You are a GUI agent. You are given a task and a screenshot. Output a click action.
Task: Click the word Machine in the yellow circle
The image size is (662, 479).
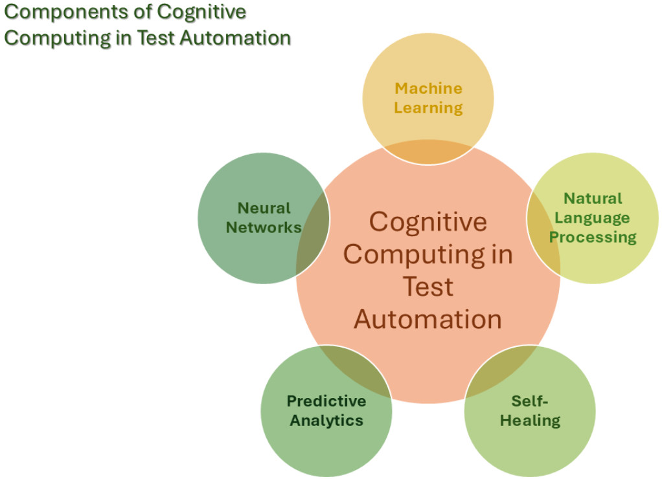[x=428, y=88]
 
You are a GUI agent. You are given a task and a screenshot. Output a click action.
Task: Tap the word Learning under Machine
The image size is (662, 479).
[x=428, y=107]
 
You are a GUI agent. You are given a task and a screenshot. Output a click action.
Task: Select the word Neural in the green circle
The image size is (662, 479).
[x=264, y=208]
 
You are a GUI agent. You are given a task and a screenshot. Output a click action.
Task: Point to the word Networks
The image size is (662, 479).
[x=264, y=227]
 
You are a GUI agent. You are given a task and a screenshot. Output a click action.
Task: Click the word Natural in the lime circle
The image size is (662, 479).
[x=593, y=198]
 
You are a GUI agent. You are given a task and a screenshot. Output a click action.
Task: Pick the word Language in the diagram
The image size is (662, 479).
[x=593, y=217]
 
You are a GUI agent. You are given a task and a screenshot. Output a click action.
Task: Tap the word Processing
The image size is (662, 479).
[x=593, y=237]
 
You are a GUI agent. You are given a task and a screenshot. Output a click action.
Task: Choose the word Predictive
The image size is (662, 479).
[x=326, y=401]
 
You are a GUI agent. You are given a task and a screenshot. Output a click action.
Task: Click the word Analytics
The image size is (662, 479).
[x=326, y=420]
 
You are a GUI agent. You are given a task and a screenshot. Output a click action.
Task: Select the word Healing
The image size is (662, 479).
[x=530, y=420]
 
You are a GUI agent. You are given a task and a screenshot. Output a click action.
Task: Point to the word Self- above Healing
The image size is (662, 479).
[x=530, y=401]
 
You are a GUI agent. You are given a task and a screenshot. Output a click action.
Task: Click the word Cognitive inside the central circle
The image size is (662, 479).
[x=428, y=222]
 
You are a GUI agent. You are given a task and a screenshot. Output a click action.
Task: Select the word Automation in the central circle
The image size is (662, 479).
[x=428, y=319]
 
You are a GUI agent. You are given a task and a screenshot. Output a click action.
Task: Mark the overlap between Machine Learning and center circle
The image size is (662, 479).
[x=428, y=153]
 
